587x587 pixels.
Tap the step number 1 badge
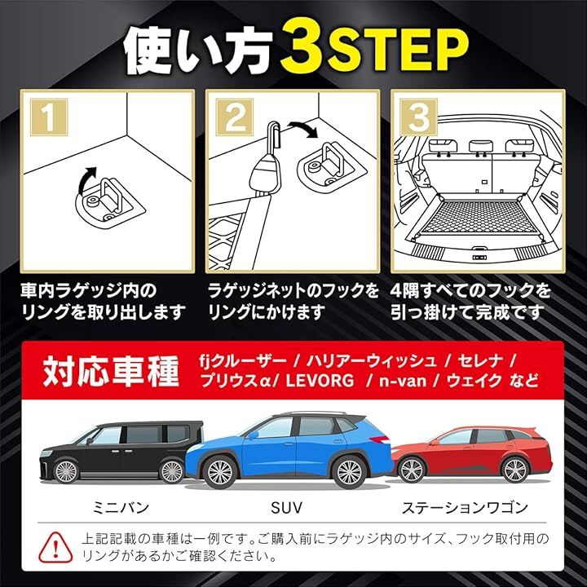click(49, 117)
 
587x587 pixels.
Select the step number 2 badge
click(234, 117)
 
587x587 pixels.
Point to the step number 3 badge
click(418, 117)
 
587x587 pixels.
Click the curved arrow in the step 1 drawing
click(86, 179)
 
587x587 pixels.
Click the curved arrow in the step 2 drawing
click(303, 129)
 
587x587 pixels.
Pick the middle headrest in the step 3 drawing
click(481, 146)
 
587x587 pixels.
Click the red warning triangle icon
click(55, 547)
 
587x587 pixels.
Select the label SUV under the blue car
click(287, 508)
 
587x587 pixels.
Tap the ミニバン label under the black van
click(121, 508)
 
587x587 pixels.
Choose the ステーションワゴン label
click(465, 508)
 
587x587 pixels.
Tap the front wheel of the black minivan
click(66, 471)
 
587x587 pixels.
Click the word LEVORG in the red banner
click(320, 381)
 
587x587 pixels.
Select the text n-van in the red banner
click(403, 381)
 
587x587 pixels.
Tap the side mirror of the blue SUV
click(254, 435)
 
